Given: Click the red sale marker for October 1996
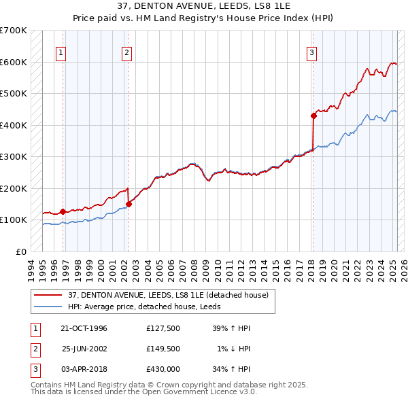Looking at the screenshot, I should click(x=63, y=211).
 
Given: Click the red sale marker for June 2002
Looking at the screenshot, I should click(x=129, y=204).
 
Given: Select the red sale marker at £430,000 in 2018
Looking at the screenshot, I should click(x=313, y=116).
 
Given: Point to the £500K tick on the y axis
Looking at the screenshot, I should click(x=14, y=94).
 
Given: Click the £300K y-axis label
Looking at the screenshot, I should click(x=14, y=157).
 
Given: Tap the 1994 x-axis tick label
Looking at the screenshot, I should click(x=31, y=268).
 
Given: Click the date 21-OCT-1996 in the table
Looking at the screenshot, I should click(x=84, y=328).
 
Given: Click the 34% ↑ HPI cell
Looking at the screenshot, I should click(x=232, y=369).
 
